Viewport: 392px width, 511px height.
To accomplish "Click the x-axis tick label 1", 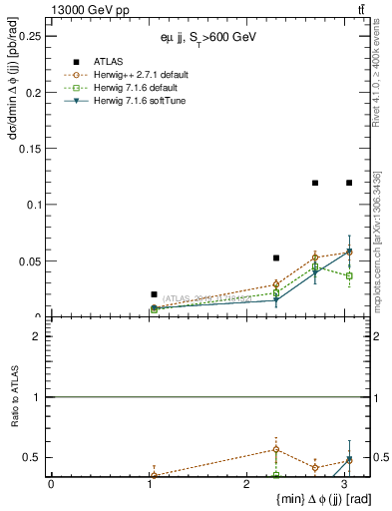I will (149, 484).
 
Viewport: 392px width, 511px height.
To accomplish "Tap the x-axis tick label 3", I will (345, 484).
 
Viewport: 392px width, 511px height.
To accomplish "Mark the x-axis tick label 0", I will (51, 484).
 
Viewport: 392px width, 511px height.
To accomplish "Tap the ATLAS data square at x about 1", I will (154, 294).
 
